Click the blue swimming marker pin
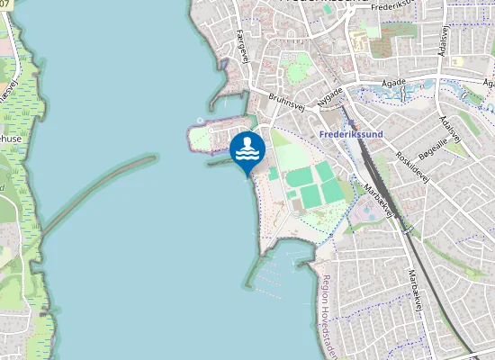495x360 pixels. point(247,149)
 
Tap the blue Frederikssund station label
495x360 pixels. point(351,134)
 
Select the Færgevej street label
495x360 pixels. point(241,42)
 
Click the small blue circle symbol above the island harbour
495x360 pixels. point(200,121)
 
